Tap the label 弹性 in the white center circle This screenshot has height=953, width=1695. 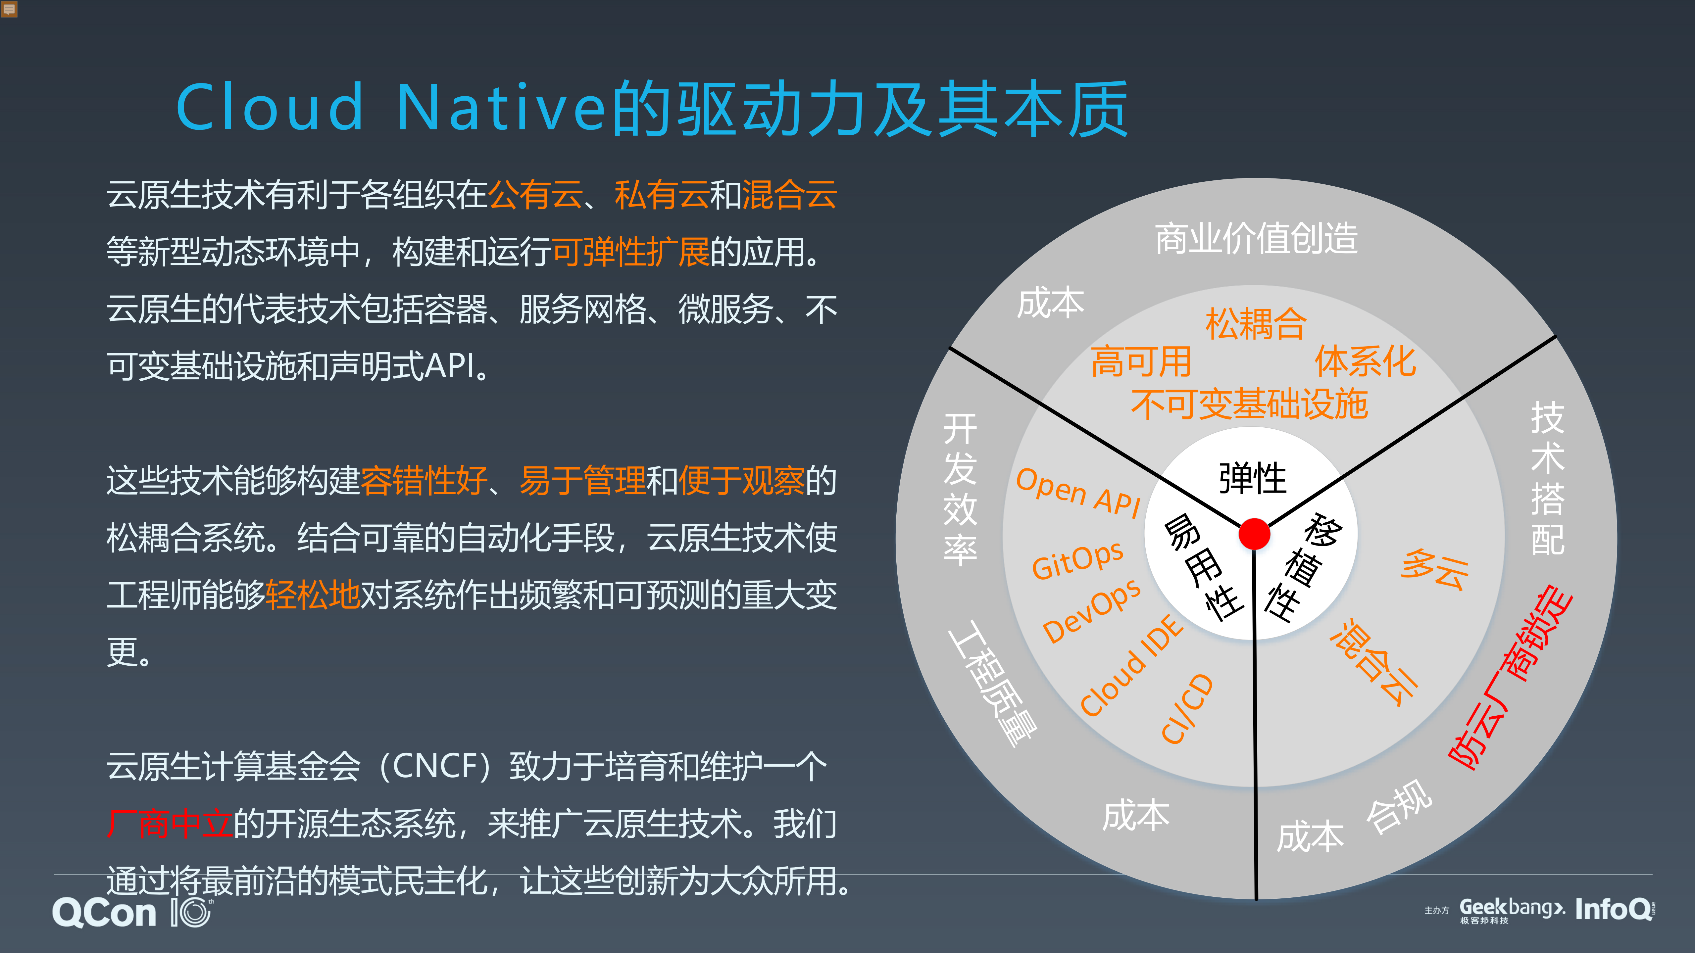(1252, 478)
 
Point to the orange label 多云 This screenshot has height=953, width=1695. (1434, 570)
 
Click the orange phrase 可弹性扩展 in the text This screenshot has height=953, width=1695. (630, 252)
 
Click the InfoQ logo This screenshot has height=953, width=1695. (1614, 910)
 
